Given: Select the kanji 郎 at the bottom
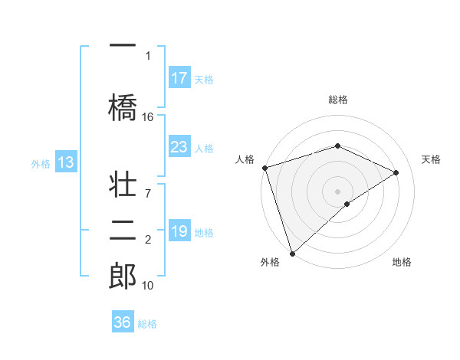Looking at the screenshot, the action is (x=123, y=275).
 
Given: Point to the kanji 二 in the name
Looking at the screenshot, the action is (x=123, y=230).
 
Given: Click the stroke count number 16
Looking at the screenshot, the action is (x=148, y=117).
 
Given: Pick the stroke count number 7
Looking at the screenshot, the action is (x=148, y=185).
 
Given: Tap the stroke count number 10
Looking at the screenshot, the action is (x=148, y=286).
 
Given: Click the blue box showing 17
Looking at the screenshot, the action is (x=179, y=78).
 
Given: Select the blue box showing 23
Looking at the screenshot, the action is (x=179, y=147).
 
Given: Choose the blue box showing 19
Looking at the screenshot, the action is (x=179, y=231).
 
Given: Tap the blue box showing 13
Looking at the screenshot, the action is (x=65, y=162).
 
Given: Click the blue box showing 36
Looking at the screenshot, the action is (x=122, y=322).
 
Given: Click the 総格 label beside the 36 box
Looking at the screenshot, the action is (x=147, y=324).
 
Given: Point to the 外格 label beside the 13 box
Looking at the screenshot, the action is (x=41, y=163).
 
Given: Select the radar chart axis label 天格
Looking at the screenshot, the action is (x=431, y=159).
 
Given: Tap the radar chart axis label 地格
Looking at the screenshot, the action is (x=402, y=262).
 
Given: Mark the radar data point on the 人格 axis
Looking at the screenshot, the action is (x=264, y=168).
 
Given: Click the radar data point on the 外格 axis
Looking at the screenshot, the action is (x=291, y=253).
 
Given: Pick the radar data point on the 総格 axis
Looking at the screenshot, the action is (x=337, y=146).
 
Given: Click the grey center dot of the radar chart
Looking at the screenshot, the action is (x=337, y=191).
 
